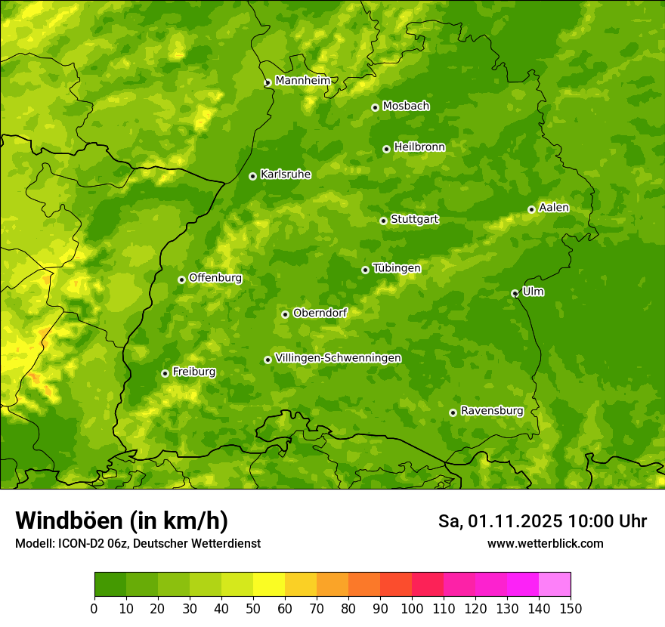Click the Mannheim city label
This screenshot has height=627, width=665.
coord(302,81)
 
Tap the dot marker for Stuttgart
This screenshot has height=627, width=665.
coord(383,221)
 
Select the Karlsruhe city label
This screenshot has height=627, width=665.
coord(286,175)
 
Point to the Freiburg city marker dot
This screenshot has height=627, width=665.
coord(165,373)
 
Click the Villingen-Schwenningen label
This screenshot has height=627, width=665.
coord(338,358)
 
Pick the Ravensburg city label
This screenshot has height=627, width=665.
coord(492,411)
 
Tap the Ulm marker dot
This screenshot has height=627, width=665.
coord(515,293)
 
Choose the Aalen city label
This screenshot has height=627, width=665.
coord(554,208)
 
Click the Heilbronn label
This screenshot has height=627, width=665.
coord(419,147)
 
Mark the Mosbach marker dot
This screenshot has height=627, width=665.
coord(375,107)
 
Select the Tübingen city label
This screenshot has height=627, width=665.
coord(397,268)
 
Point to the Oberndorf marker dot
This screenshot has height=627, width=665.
coord(285,314)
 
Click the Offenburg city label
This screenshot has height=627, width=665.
coord(215,278)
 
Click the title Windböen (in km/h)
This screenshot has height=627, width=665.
coord(122,520)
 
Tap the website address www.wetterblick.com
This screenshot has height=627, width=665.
coord(545,544)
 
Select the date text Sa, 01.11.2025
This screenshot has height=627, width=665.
coord(500,521)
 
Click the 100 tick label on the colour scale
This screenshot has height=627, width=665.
coord(412,608)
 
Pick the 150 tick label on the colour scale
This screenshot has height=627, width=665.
coord(571,608)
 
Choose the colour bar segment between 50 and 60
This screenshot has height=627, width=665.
coord(269,584)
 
